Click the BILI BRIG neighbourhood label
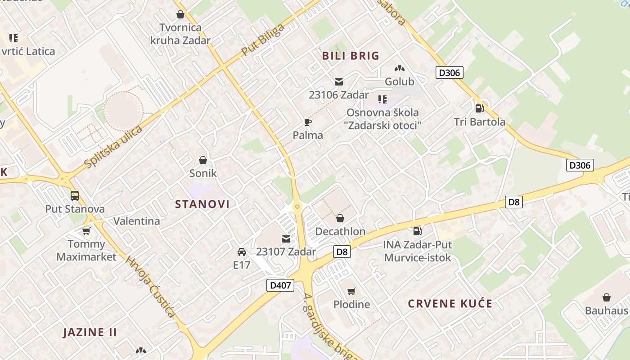click(351, 56)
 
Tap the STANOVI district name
click(202, 204)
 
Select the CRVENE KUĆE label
click(450, 303)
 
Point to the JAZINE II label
click(90, 333)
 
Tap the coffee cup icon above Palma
click(308, 122)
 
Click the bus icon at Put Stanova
click(75, 196)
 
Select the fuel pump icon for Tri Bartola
click(479, 108)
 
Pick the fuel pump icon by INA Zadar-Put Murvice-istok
click(418, 231)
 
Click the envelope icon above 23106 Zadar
click(338, 82)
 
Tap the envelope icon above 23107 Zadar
click(286, 238)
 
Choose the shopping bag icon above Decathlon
click(340, 218)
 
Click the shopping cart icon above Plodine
click(351, 291)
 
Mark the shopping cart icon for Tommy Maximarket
click(86, 231)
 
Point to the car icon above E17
click(242, 252)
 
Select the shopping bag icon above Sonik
click(203, 160)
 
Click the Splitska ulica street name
click(113, 147)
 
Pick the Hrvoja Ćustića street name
click(150, 287)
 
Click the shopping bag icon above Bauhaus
click(607, 297)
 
